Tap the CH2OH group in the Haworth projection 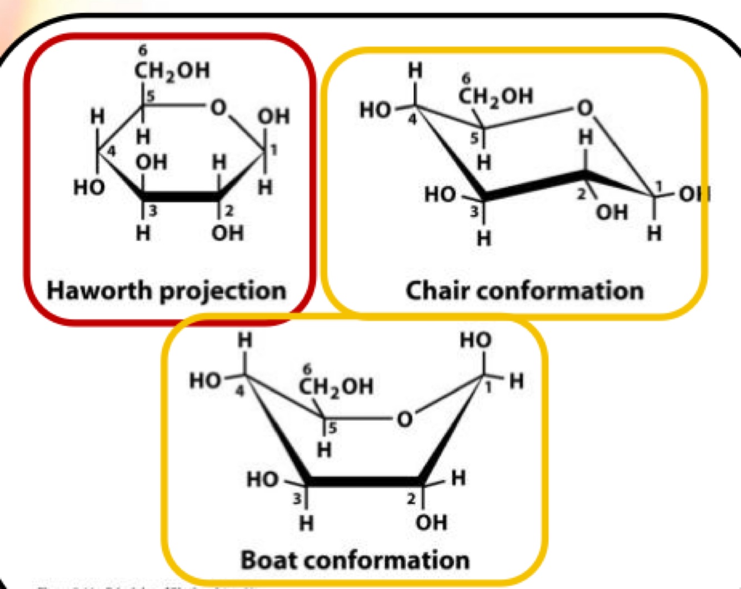pyautogui.click(x=172, y=71)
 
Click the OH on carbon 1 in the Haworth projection pyautogui.click(x=273, y=116)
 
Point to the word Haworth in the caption pyautogui.click(x=98, y=291)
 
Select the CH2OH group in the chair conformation pyautogui.click(x=495, y=96)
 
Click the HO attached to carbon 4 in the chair pyautogui.click(x=375, y=109)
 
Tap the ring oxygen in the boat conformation pyautogui.click(x=404, y=418)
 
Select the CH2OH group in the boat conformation pyautogui.click(x=336, y=386)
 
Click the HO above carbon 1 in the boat pyautogui.click(x=475, y=340)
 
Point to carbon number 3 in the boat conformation pyautogui.click(x=298, y=498)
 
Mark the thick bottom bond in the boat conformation pyautogui.click(x=364, y=481)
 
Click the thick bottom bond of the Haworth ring pyautogui.click(x=181, y=197)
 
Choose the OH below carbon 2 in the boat pyautogui.click(x=431, y=522)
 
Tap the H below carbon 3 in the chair pyautogui.click(x=484, y=238)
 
